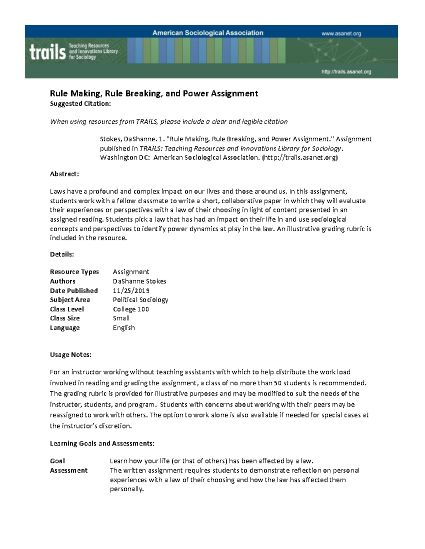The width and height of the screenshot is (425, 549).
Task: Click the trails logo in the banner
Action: pos(48,52)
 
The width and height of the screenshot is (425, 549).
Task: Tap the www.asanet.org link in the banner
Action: pos(341,34)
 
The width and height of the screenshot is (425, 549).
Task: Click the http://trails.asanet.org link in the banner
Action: pos(346,72)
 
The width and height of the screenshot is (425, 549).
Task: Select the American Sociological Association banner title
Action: pos(208,33)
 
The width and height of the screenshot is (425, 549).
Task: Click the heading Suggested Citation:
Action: pos(80,104)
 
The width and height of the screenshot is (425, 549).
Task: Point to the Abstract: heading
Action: pos(64,174)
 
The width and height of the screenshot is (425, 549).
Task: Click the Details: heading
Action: pos(62,254)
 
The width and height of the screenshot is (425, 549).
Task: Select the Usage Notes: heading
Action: pos(70,355)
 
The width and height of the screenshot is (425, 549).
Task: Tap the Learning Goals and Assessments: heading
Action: pos(102,443)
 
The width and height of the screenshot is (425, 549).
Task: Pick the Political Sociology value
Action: pos(140,300)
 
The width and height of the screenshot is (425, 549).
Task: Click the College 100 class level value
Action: pos(131,309)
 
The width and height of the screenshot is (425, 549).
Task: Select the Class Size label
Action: pos(65,318)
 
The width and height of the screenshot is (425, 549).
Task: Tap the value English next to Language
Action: pos(124,328)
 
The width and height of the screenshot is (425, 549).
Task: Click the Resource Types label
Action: pos(74,272)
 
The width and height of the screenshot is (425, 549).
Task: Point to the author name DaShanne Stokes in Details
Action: pos(139,281)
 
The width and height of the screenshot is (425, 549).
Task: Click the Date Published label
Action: pos(74,291)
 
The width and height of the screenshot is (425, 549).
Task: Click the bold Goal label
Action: pos(57,461)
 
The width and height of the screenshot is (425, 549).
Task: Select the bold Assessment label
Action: pos(69,470)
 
